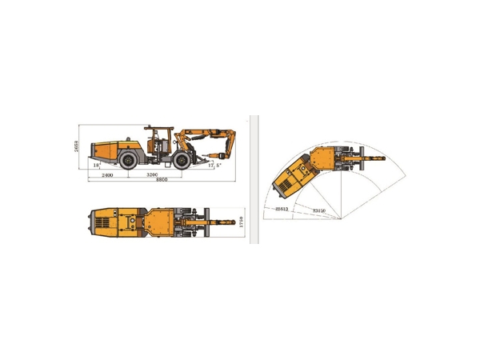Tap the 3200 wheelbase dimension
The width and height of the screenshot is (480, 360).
(152, 174)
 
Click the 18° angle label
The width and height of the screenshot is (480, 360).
(97, 166)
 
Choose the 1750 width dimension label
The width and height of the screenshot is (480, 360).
(241, 219)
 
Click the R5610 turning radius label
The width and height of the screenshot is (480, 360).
(281, 208)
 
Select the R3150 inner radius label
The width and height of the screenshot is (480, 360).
(319, 210)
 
